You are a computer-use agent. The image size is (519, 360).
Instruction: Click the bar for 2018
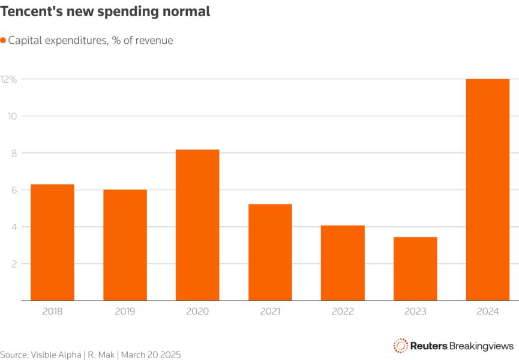pyautogui.click(x=52, y=242)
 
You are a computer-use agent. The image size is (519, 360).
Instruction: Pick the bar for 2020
pyautogui.click(x=197, y=225)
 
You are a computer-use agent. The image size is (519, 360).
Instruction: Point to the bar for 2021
pyautogui.click(x=270, y=252)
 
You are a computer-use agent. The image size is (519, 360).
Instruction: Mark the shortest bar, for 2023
pyautogui.click(x=415, y=269)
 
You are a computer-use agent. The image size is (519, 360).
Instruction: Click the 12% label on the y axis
pyautogui.click(x=8, y=79)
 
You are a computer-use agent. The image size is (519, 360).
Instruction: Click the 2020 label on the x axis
pyautogui.click(x=197, y=311)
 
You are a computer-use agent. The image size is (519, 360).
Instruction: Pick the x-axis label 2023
pyautogui.click(x=415, y=311)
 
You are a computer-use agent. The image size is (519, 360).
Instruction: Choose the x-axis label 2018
pyautogui.click(x=52, y=311)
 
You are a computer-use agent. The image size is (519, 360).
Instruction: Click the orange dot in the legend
pyautogui.click(x=4, y=40)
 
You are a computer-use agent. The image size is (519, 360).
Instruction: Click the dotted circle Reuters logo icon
pyautogui.click(x=400, y=346)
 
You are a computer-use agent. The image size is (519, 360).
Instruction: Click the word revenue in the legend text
pyautogui.click(x=154, y=40)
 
